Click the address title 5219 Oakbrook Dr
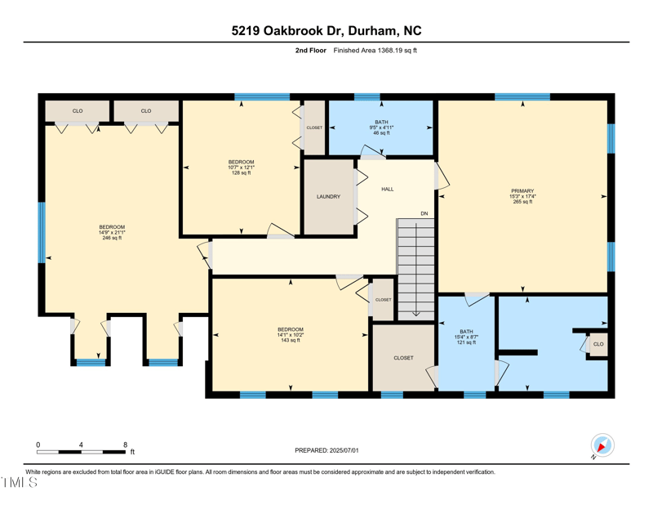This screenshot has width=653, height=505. (326, 31)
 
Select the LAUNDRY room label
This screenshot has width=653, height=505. (328, 197)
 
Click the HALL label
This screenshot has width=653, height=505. (388, 189)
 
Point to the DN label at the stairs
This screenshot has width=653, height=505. (424, 213)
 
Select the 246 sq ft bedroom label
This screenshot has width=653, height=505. (112, 232)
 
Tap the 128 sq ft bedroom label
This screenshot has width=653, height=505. (241, 168)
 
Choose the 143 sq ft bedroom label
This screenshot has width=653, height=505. (290, 335)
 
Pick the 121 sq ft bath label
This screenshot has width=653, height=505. (467, 337)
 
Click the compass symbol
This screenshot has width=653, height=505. (602, 446)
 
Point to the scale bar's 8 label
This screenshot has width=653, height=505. (125, 445)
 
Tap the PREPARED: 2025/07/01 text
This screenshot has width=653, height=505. (326, 450)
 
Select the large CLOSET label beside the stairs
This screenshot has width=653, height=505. (403, 358)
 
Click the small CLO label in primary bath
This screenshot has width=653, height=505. (598, 344)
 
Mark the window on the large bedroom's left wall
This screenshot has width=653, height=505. (41, 232)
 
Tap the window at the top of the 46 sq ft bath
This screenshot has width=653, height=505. (367, 97)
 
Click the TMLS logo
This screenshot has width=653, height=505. (20, 483)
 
